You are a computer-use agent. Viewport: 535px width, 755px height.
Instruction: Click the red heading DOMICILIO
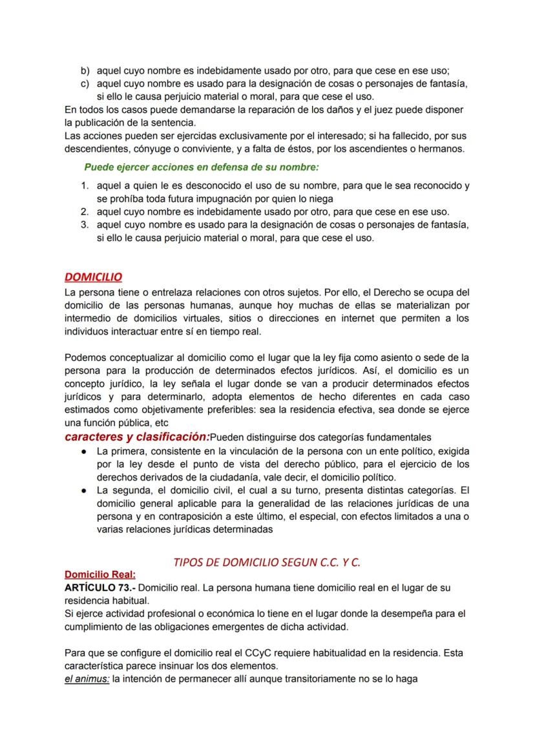[x=93, y=277]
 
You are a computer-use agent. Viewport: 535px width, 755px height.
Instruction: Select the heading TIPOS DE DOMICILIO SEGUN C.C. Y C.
[x=267, y=562]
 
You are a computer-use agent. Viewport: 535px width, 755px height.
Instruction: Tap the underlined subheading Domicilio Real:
[x=100, y=574]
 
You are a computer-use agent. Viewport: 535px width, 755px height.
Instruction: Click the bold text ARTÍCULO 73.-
[x=100, y=588]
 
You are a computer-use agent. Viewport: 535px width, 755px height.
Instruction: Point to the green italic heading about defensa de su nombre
[x=201, y=167]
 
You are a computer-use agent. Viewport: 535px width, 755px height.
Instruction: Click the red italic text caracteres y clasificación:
[x=137, y=437]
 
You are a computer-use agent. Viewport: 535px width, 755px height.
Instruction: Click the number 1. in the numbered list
[x=85, y=186]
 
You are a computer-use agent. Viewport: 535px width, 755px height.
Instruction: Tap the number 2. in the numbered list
[x=85, y=212]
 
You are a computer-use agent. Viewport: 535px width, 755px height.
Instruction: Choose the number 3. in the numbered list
[x=85, y=225]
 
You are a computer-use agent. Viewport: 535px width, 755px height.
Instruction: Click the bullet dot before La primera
[x=84, y=451]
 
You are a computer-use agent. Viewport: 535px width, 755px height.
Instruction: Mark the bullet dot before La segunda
[x=84, y=490]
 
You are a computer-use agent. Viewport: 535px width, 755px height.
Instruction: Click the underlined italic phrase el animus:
[x=87, y=679]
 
